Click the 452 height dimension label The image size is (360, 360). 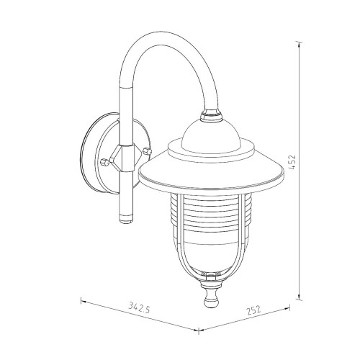(x=293, y=163)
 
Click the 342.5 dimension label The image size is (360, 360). (x=139, y=307)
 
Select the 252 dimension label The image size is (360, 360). (x=253, y=310)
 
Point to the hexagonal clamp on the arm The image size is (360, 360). (x=125, y=158)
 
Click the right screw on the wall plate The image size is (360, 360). (x=147, y=151)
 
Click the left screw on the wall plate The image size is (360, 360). (x=104, y=162)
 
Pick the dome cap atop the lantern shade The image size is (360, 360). (x=211, y=135)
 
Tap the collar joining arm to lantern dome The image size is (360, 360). (x=211, y=114)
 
